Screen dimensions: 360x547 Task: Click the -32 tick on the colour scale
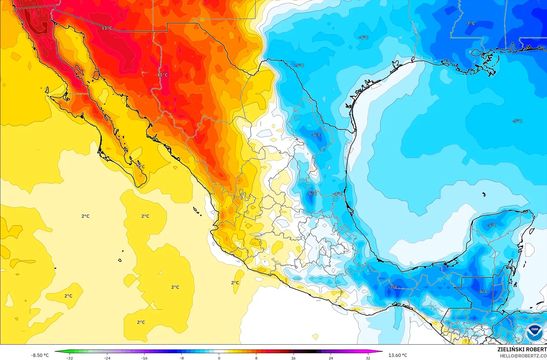tap(70, 358)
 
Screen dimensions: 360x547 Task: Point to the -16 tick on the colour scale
tap(144, 358)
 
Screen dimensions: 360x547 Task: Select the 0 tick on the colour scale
tap(219, 358)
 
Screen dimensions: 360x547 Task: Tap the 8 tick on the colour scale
tap(256, 358)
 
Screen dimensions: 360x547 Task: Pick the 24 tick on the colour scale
tap(331, 358)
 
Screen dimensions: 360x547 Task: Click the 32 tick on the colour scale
tap(368, 358)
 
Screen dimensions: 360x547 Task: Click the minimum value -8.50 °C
tap(40, 355)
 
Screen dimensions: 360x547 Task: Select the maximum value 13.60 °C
tap(398, 355)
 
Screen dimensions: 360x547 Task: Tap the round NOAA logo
tap(534, 333)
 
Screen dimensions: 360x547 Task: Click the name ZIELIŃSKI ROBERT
tap(522, 349)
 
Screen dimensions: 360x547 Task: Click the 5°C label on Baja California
tap(141, 167)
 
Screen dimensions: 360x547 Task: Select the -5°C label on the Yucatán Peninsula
tap(491, 225)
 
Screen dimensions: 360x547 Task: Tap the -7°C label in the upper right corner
tap(470, 23)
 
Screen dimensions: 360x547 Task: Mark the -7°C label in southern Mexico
tap(393, 287)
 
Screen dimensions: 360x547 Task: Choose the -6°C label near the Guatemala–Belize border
tap(482, 291)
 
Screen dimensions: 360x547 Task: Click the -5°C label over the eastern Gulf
tap(517, 121)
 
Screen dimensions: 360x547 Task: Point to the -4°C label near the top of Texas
tap(363, 37)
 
